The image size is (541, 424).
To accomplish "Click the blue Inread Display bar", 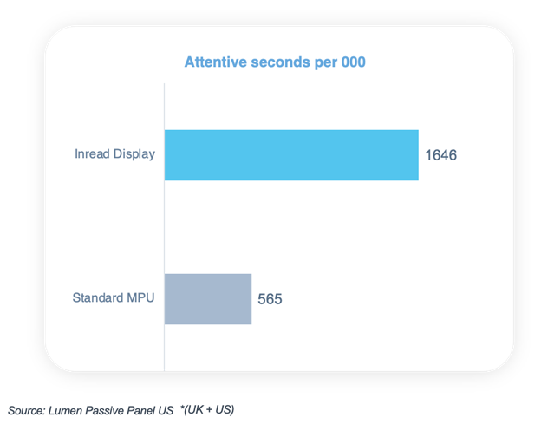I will tap(291, 155).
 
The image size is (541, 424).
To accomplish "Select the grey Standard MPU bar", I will tap(208, 299).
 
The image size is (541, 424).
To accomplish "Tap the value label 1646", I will tap(440, 156).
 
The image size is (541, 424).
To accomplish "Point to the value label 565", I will tap(270, 299).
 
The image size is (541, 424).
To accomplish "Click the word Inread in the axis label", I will tap(91, 154).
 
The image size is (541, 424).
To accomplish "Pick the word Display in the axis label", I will tap(134, 154).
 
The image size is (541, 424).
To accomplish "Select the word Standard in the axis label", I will tap(96, 299).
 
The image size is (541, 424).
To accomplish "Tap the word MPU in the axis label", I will tap(140, 299).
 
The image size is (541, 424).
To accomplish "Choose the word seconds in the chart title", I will tap(277, 62).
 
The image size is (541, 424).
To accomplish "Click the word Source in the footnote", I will tap(26, 409).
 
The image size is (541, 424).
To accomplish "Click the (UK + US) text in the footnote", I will tap(209, 408).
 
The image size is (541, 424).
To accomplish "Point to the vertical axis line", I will tap(164, 225).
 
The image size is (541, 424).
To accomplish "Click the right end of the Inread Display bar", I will tap(416, 155).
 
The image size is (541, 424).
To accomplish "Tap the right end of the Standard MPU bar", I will tap(250, 299).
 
